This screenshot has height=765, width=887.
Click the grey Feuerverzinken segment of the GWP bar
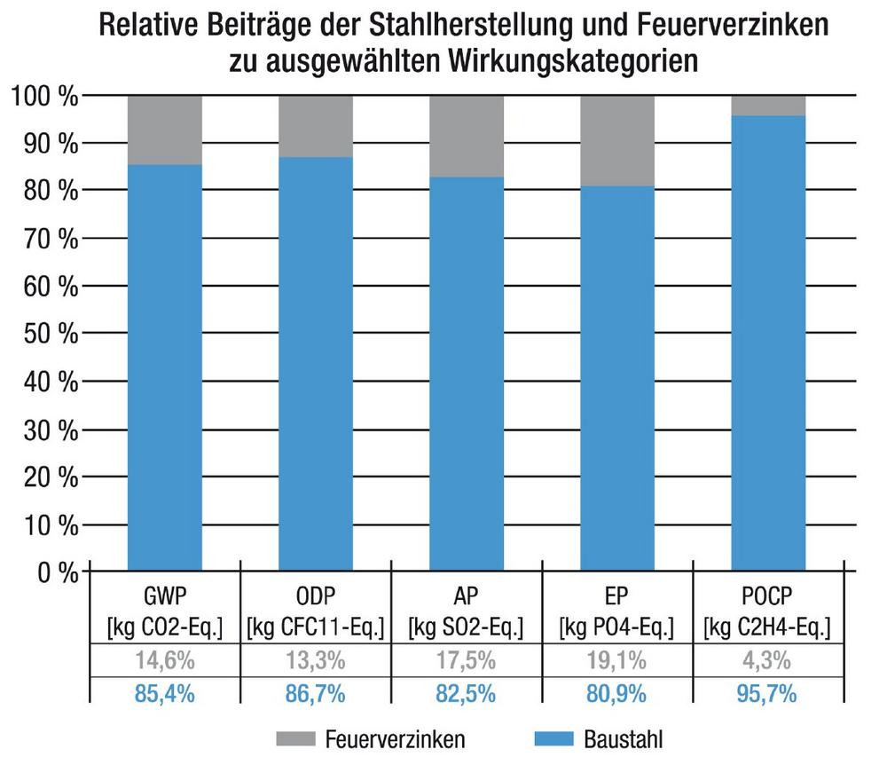(x=165, y=130)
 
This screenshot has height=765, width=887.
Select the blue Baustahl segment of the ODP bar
(x=316, y=364)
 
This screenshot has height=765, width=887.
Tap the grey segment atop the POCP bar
(x=768, y=105)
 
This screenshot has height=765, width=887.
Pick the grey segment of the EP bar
(x=617, y=140)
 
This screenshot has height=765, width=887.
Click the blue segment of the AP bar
(x=467, y=373)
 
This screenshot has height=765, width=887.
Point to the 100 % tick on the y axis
(x=43, y=95)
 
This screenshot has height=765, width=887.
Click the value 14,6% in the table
(x=165, y=660)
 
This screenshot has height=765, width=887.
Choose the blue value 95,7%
(x=768, y=692)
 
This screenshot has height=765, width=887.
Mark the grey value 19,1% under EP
(x=617, y=660)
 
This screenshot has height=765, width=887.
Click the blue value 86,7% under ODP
(x=316, y=692)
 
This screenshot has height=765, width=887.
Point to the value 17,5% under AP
(x=467, y=660)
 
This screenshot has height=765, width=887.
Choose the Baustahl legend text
(x=624, y=738)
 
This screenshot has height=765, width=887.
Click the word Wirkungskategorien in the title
(x=558, y=63)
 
